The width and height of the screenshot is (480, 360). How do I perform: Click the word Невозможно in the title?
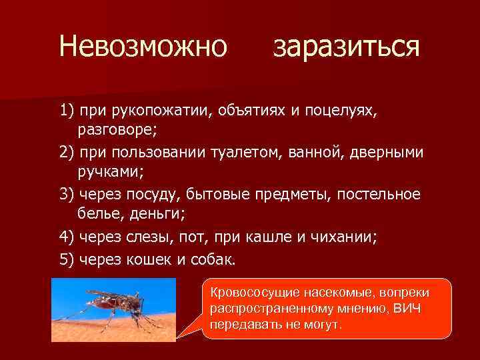point(143,47)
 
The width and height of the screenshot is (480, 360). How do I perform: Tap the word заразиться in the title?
point(346,48)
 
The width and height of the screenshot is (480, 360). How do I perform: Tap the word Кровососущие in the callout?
point(253,293)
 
